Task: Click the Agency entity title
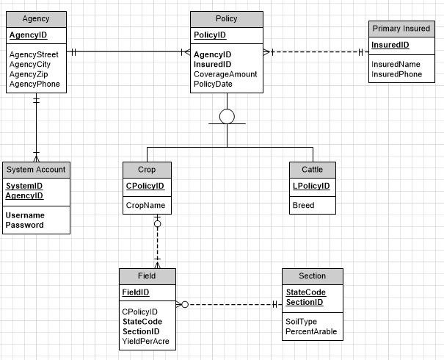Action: point(36,18)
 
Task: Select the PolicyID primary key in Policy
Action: point(210,35)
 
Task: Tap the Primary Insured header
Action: point(401,29)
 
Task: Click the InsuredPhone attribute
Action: point(396,75)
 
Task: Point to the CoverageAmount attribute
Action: point(226,74)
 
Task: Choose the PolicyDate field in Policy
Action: point(213,84)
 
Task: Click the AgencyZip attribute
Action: point(29,74)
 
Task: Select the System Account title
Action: point(36,169)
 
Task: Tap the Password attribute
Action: point(25,225)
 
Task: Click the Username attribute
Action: point(25,215)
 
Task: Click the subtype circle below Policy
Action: point(227,117)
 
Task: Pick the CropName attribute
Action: point(145,206)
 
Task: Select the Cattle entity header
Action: point(312,169)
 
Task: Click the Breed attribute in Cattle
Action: point(303,206)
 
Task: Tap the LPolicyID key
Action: point(311,187)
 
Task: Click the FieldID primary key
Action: point(136,292)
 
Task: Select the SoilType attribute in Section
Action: point(301,322)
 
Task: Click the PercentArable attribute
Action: point(311,332)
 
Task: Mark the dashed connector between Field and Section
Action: point(231,304)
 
